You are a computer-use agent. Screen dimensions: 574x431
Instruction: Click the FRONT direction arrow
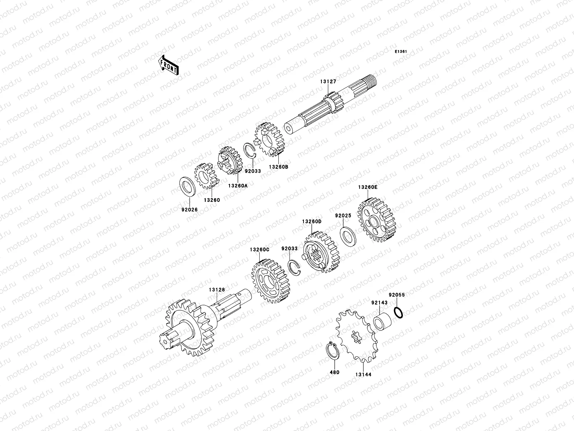tap(168, 65)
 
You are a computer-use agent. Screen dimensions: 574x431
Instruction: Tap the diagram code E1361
tap(401, 52)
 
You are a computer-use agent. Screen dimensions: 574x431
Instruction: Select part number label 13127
tap(328, 82)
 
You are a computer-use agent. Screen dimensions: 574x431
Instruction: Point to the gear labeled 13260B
tap(269, 139)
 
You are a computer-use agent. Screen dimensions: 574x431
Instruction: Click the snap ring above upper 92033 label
tap(249, 150)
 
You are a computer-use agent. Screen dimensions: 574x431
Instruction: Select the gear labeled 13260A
tap(230, 160)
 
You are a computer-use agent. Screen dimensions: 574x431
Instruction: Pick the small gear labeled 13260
tap(207, 176)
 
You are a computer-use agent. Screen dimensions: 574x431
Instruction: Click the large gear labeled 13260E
tap(377, 220)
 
